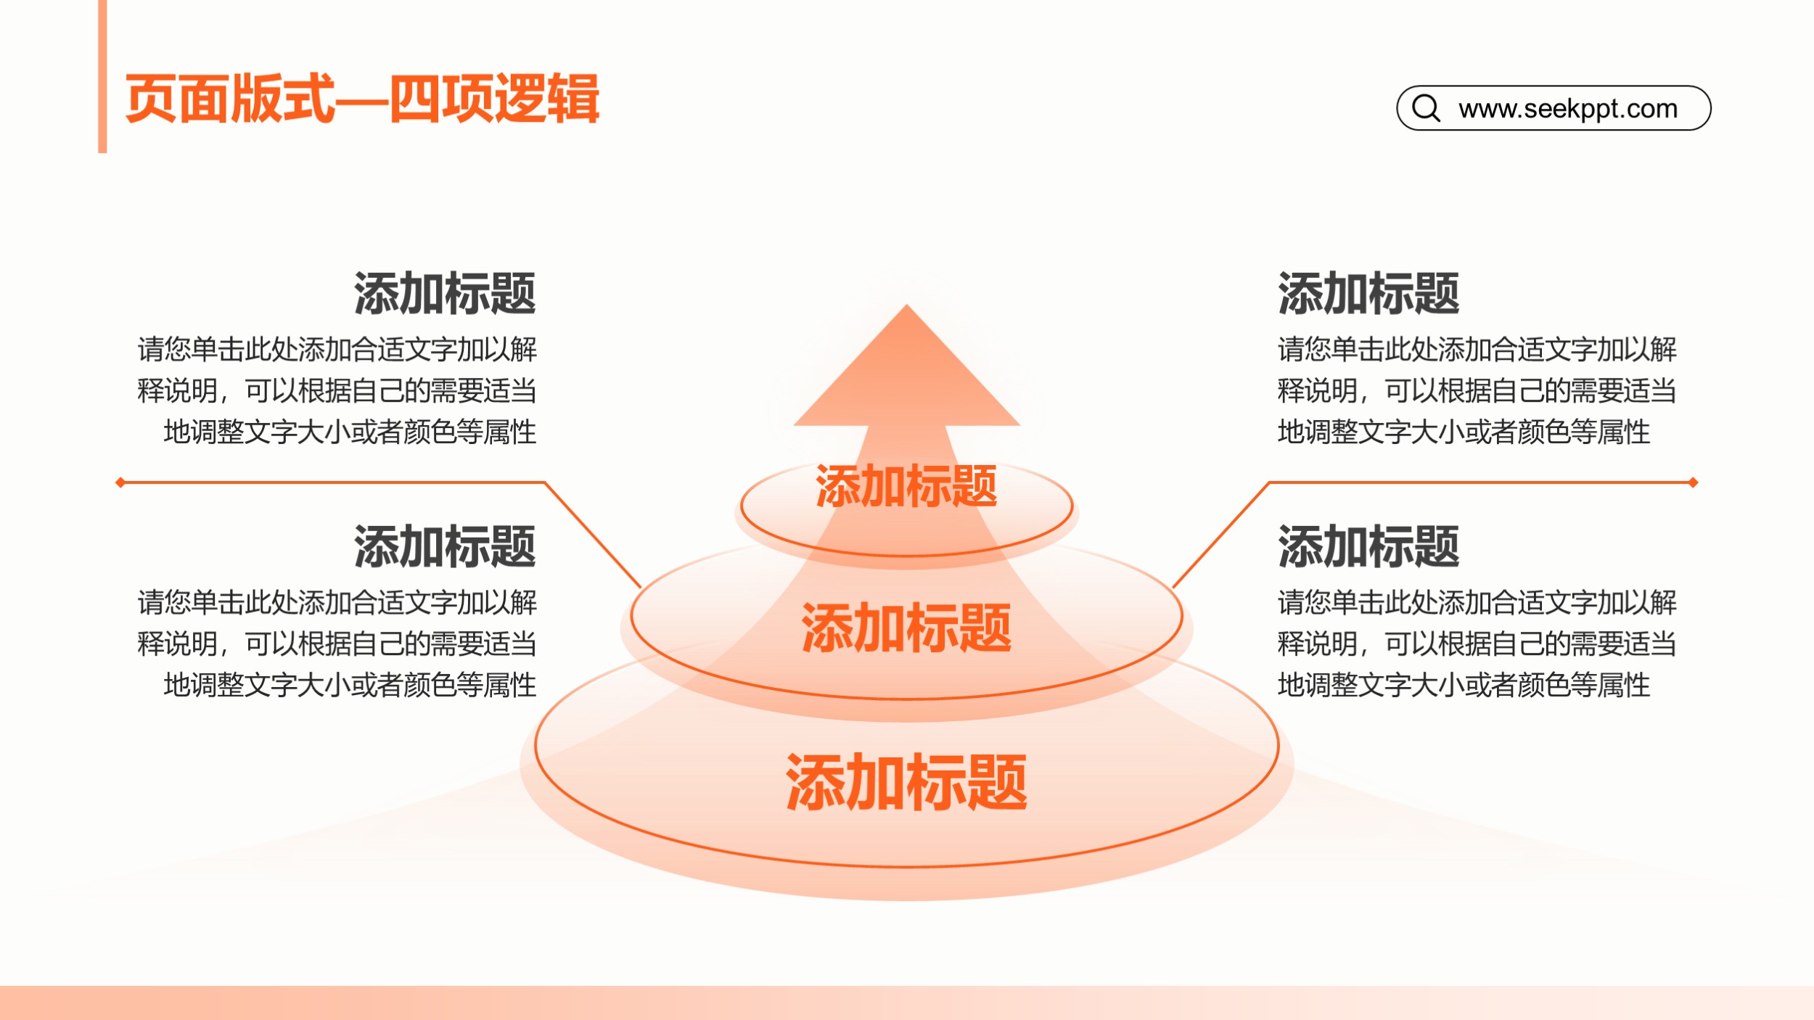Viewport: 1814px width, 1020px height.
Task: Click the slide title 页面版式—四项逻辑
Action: coord(362,99)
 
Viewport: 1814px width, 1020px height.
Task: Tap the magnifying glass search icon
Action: coord(1426,108)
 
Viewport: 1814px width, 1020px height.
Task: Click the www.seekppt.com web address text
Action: coord(1568,109)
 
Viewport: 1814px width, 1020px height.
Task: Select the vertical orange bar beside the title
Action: coord(102,76)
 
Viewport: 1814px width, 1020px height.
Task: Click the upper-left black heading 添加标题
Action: coord(445,293)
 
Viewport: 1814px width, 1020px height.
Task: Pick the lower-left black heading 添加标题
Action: coord(445,546)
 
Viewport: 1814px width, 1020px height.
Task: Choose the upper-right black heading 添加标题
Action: coord(1368,293)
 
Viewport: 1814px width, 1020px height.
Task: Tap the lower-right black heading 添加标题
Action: coord(1368,546)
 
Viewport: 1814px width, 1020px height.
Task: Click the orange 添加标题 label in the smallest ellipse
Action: coord(906,486)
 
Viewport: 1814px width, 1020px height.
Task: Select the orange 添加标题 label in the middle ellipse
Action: coord(906,628)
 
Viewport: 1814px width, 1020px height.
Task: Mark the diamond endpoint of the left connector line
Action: coord(120,482)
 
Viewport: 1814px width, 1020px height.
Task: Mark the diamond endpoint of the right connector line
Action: coord(1694,482)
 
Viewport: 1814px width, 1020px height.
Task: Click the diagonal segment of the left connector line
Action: coord(592,534)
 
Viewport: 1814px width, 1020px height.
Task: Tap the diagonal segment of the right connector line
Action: coord(1220,534)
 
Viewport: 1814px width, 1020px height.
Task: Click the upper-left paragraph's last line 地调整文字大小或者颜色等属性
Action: coord(350,432)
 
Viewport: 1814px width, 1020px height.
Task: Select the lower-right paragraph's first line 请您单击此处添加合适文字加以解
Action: coord(1477,602)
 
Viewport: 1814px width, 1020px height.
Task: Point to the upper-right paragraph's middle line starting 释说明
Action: coord(1477,391)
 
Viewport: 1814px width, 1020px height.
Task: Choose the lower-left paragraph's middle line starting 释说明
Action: coord(337,643)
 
